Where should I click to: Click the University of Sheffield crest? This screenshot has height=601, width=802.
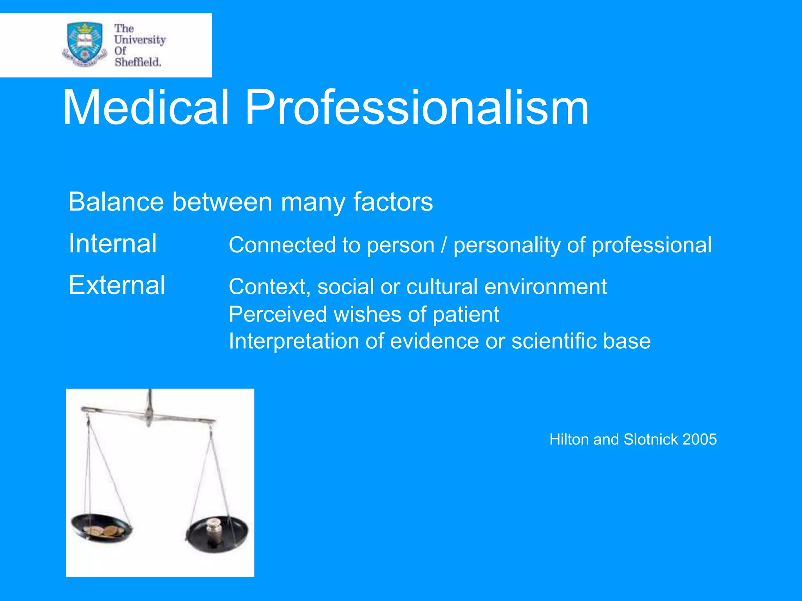[85, 44]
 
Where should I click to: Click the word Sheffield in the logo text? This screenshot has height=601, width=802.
[137, 62]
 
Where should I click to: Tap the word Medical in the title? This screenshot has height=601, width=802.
[146, 107]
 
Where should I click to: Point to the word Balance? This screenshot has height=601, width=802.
[116, 202]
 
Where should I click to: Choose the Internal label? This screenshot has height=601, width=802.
[113, 243]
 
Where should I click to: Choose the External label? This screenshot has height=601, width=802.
[117, 285]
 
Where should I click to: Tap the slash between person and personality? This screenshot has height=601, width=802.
[444, 245]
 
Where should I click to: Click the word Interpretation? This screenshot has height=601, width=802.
[294, 341]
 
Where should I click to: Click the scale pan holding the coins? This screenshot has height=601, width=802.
[102, 529]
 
